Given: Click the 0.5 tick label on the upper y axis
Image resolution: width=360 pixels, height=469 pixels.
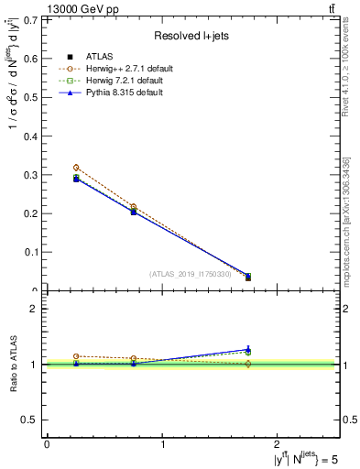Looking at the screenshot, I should pyautogui.click(x=35, y=97).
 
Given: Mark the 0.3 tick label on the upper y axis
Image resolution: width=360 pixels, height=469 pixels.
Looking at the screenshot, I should pyautogui.click(x=35, y=174).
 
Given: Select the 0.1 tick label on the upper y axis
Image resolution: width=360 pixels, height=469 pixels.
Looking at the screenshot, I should pyautogui.click(x=35, y=252).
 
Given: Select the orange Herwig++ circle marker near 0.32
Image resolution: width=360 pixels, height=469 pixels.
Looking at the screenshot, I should pyautogui.click(x=76, y=168).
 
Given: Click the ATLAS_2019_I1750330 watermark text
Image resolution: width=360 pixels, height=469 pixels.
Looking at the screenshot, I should pyautogui.click(x=191, y=274).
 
